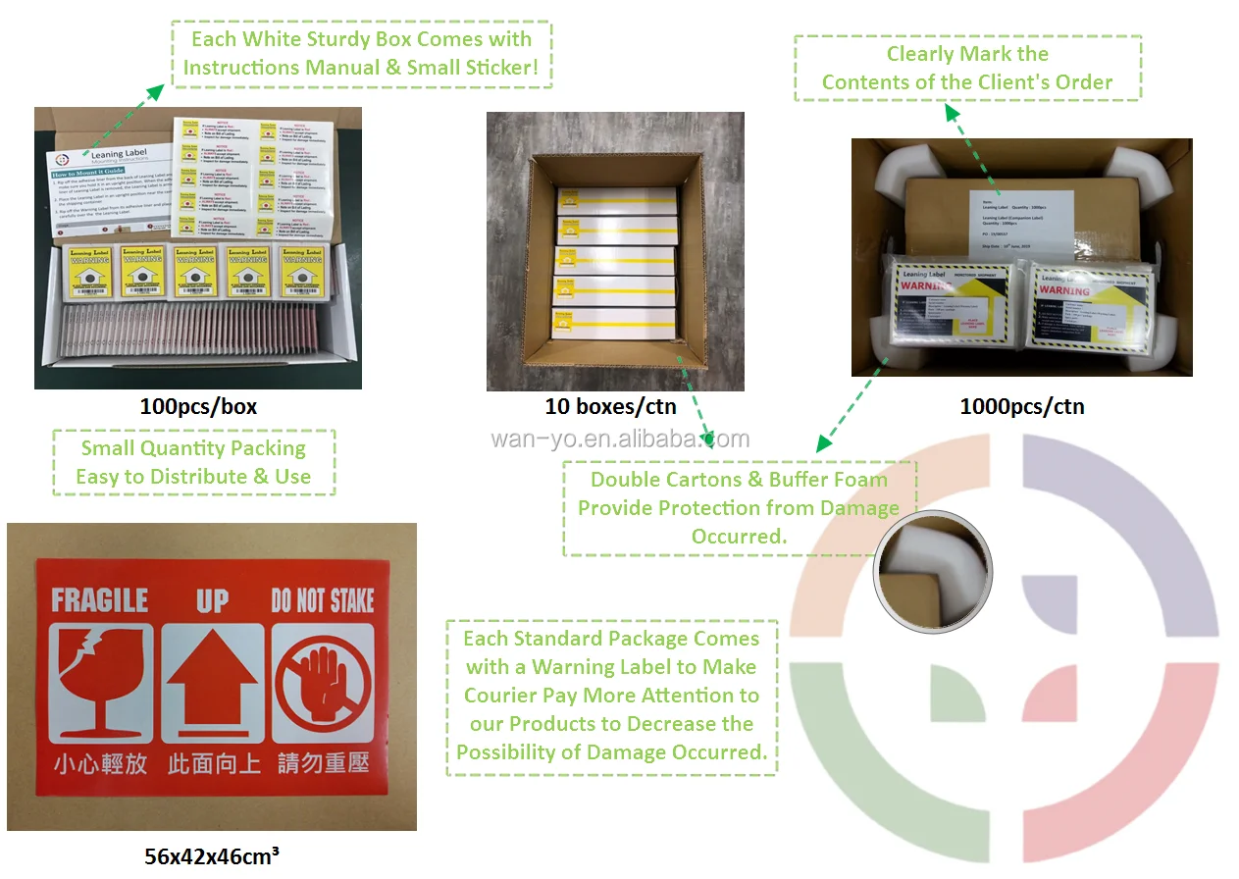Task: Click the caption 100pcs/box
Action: click(x=198, y=406)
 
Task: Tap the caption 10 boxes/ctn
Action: click(x=610, y=406)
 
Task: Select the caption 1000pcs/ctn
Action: click(x=1022, y=406)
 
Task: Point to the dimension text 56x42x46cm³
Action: click(x=212, y=856)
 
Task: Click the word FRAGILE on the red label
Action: click(x=99, y=599)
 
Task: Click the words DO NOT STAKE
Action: click(x=323, y=599)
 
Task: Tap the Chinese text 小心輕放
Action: click(x=100, y=763)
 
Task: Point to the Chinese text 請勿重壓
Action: click(x=323, y=763)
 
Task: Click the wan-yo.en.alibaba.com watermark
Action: click(x=620, y=439)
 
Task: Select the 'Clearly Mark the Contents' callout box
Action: click(x=967, y=68)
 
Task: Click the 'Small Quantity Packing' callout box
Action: click(x=193, y=462)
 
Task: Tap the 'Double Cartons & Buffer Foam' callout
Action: click(x=739, y=508)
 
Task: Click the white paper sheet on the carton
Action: click(x=1020, y=222)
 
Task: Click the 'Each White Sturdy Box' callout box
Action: click(x=361, y=54)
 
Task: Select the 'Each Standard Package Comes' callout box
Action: click(x=612, y=697)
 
